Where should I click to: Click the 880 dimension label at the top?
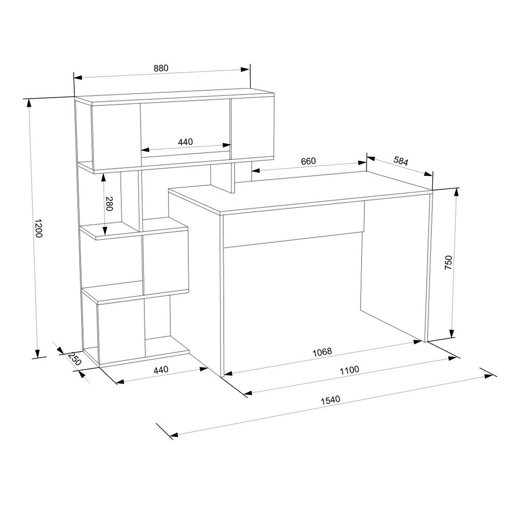click(161, 68)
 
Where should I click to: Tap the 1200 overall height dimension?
click(38, 228)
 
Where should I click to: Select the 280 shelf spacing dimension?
click(109, 203)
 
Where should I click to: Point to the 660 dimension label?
click(308, 161)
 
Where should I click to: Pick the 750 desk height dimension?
click(448, 262)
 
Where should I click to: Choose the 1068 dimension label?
click(322, 352)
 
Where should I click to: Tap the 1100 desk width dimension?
click(349, 370)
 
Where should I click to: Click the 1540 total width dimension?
click(330, 400)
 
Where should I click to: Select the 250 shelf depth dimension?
click(75, 359)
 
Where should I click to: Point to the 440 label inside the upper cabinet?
click(185, 142)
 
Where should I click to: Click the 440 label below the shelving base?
click(161, 370)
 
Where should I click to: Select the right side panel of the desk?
click(429, 267)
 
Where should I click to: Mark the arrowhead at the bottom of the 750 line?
click(452, 334)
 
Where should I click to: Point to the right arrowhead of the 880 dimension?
click(245, 70)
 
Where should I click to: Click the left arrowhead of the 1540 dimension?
click(174, 434)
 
